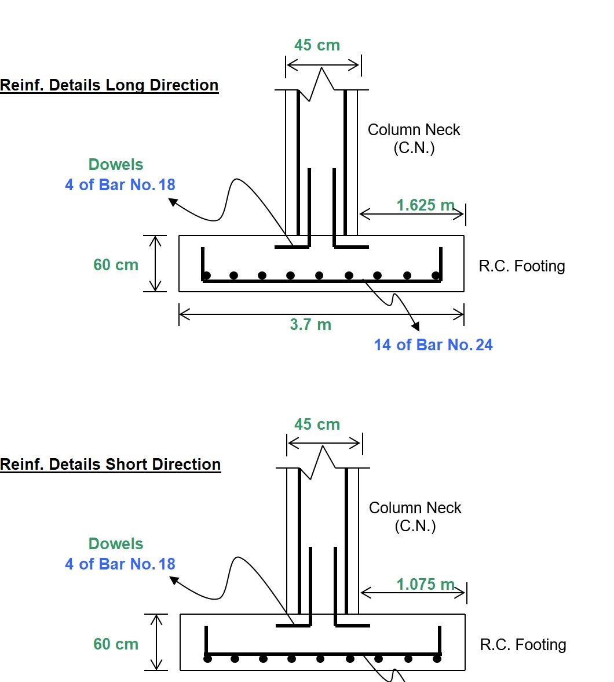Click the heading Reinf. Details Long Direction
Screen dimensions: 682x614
coord(109,85)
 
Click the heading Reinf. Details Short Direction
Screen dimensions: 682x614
coord(110,465)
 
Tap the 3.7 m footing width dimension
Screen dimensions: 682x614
coord(310,325)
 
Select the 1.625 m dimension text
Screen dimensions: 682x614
coord(425,205)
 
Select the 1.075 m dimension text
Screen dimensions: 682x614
coord(425,585)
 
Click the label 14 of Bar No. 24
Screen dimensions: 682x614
coord(433,345)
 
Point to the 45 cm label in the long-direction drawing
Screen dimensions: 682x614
coord(317,45)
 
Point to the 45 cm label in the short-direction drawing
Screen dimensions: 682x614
coord(317,425)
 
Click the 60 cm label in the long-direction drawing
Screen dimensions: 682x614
coord(116,265)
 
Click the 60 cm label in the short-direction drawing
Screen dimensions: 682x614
coord(116,644)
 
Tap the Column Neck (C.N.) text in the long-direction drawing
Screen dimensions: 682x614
coord(414,139)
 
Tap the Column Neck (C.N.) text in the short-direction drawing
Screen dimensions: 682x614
coord(415,517)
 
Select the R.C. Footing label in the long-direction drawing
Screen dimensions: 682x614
coord(521,266)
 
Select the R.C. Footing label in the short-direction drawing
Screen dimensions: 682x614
coord(522,645)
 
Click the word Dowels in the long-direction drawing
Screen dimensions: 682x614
coord(116,165)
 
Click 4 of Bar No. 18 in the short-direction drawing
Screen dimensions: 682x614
coord(120,564)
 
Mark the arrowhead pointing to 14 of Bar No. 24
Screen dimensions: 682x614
coord(415,328)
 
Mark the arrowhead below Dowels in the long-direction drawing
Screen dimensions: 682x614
coord(172,202)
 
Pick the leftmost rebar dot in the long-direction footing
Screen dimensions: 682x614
coord(207,275)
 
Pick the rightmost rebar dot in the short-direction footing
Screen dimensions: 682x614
coord(437,659)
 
